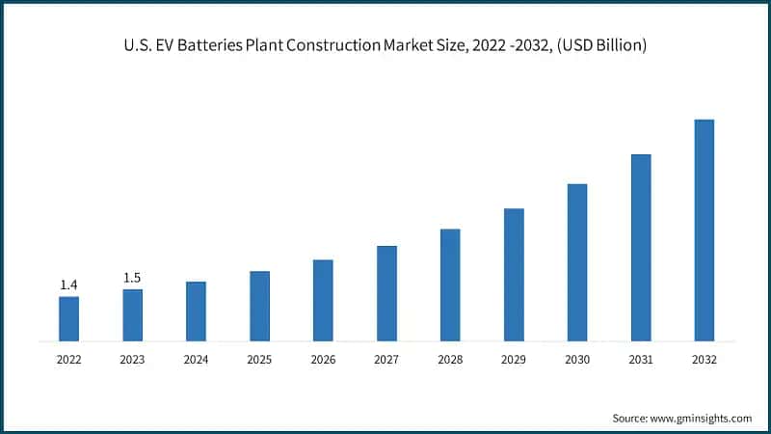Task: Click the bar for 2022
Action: [x=68, y=318]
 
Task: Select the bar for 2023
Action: [x=132, y=314]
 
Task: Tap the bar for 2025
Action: [x=259, y=306]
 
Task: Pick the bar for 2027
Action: [x=386, y=293]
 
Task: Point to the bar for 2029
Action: [x=514, y=275]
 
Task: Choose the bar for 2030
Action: [x=577, y=262]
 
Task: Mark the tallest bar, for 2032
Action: [x=705, y=231]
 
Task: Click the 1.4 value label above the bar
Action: [x=68, y=285]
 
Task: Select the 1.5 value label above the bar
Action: [x=132, y=278]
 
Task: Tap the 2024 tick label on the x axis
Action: [x=196, y=359]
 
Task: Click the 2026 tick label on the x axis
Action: [x=323, y=359]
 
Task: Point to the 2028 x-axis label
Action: [x=450, y=359]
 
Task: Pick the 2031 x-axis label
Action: [x=641, y=359]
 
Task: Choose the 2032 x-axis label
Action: [x=705, y=359]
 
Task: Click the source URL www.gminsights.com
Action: [x=701, y=418]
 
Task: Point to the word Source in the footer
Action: [x=629, y=418]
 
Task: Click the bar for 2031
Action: [x=641, y=248]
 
